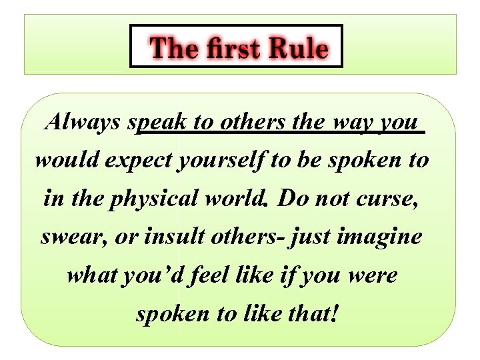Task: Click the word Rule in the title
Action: [298, 48]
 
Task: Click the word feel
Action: [210, 275]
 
